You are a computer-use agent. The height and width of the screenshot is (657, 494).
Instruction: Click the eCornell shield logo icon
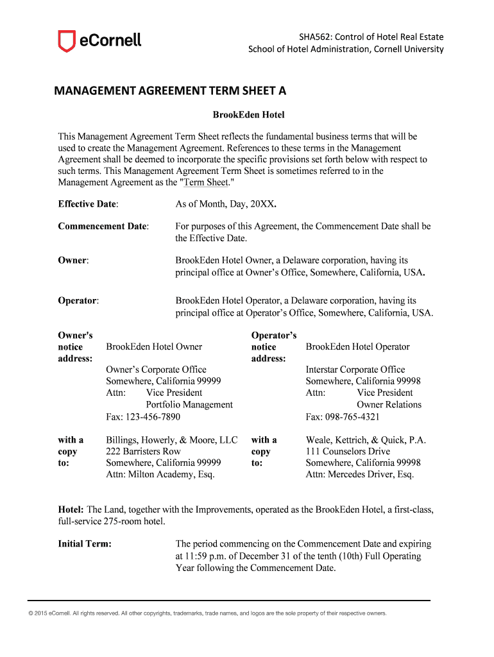tap(66, 42)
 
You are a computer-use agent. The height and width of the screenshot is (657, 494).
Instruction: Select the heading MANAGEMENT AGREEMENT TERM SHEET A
tap(170, 91)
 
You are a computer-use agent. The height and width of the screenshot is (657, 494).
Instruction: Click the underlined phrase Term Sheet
tap(206, 182)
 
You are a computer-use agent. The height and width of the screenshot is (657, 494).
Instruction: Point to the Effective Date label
tap(88, 204)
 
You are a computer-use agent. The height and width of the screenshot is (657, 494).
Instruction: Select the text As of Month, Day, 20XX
tap(226, 204)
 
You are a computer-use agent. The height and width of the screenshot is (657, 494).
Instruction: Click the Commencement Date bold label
tap(103, 226)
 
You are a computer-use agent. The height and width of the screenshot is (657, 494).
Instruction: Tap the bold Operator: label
tap(78, 300)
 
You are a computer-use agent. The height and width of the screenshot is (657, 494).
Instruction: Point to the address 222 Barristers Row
tap(143, 452)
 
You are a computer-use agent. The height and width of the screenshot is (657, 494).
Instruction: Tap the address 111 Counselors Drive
tap(348, 452)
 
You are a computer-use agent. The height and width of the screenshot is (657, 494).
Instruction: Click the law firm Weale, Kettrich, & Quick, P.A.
tap(366, 440)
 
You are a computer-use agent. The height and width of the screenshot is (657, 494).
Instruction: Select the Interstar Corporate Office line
tap(355, 370)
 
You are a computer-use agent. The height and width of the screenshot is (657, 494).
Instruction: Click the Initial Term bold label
tap(85, 544)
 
